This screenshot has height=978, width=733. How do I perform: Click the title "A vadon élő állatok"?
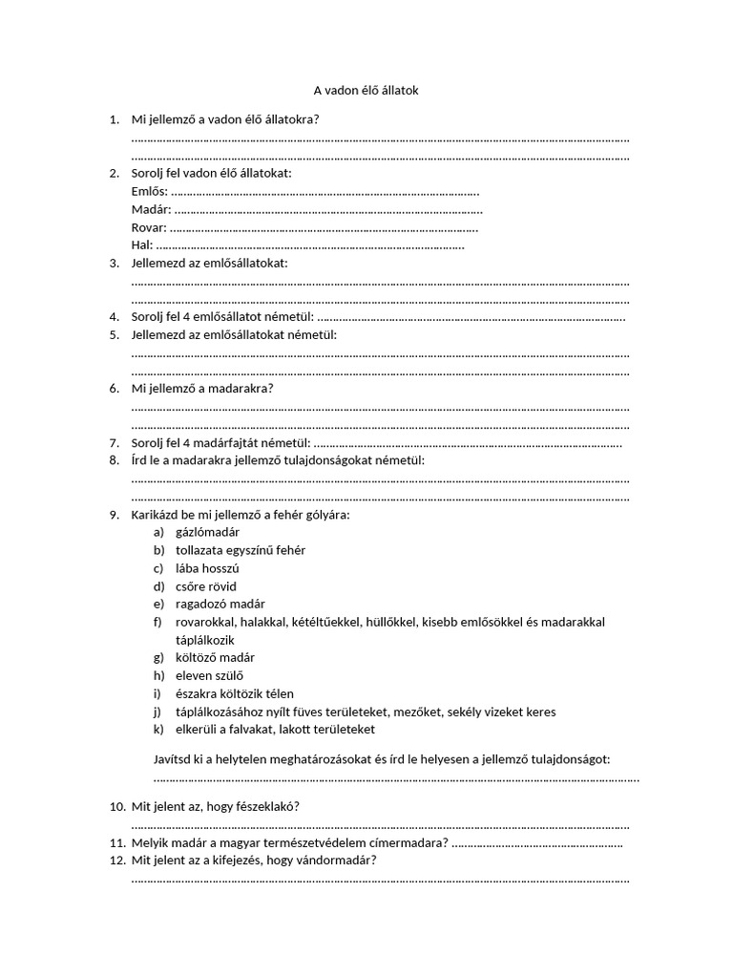click(366, 91)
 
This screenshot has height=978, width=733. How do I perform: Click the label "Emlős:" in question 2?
click(149, 192)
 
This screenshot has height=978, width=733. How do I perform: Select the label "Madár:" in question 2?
click(151, 210)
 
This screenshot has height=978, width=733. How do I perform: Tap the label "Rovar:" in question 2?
click(149, 227)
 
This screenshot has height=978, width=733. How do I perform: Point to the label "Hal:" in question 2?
click(142, 245)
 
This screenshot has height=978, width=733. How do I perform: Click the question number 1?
click(114, 120)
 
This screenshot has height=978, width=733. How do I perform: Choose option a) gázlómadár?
click(207, 532)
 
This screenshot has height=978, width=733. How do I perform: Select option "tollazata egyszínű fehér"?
click(241, 550)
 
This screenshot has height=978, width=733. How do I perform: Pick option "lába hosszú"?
click(207, 568)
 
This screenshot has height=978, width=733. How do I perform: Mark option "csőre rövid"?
click(206, 586)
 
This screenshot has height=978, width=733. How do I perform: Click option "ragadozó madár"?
click(220, 604)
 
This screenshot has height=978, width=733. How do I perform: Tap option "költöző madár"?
click(215, 658)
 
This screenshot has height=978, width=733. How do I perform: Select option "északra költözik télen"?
click(235, 693)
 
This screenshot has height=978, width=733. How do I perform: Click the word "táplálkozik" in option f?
click(205, 640)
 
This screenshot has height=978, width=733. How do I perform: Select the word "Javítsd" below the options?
click(175, 758)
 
